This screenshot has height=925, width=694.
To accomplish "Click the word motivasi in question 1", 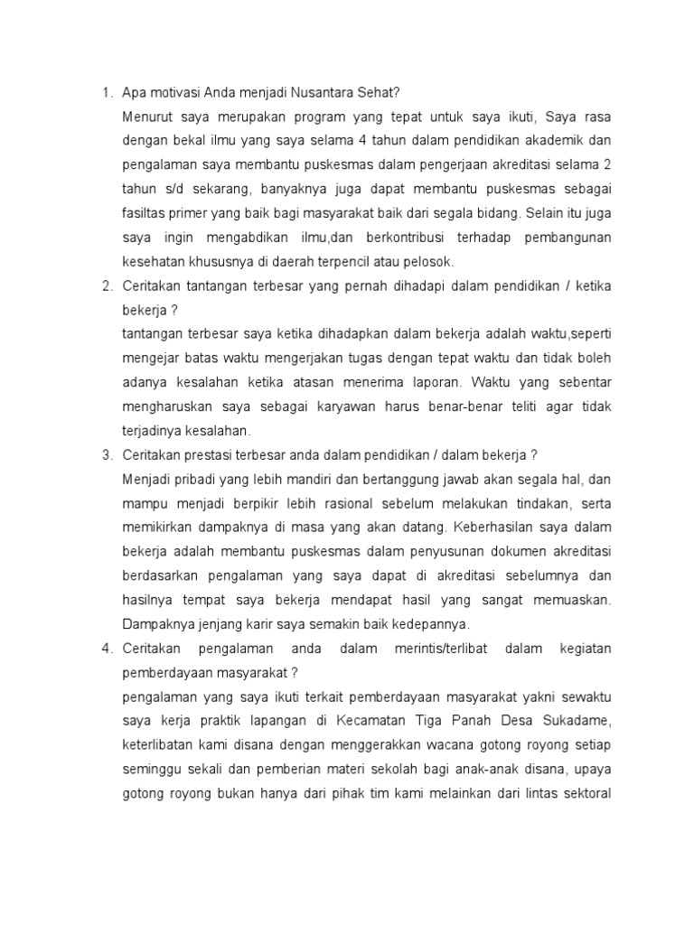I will [173, 93].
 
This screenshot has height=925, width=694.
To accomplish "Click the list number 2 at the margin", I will [106, 286].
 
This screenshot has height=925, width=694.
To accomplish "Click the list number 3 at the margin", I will [106, 454].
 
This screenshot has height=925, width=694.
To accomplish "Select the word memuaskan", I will [572, 599].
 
